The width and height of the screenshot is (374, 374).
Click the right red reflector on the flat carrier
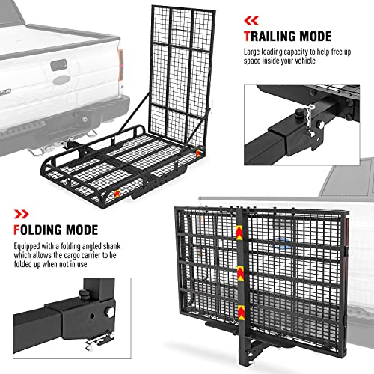point(197,153)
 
